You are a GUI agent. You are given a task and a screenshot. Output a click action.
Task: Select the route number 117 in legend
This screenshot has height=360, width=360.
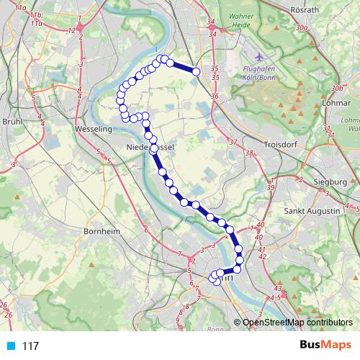pyautogui.click(x=30, y=346)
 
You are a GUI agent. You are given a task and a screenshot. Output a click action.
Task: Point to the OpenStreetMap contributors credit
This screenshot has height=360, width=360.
pyautogui.click(x=297, y=323)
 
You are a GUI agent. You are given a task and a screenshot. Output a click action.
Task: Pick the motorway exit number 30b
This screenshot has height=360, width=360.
pyautogui.click(x=337, y=88)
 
